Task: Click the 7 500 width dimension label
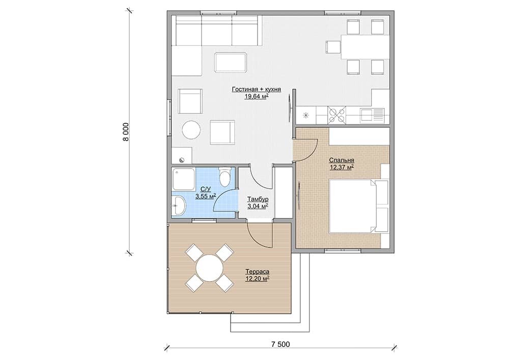point(280,344)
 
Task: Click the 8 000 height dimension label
point(126,132)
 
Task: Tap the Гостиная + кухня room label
point(257,89)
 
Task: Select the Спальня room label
point(342,160)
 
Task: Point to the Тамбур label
point(258,199)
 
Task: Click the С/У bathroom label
point(206,189)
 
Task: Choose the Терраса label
point(258,272)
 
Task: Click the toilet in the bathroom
point(224,177)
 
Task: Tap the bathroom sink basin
point(179,205)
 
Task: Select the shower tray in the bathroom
point(184,179)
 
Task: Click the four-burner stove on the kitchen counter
point(336,115)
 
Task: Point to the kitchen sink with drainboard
point(372,115)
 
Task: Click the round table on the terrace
point(210,268)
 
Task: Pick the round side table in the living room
point(191,130)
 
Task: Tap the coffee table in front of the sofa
point(231,62)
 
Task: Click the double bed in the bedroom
point(359,206)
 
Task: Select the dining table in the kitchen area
point(365,47)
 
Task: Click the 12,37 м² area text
point(342,168)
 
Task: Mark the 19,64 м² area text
point(257,96)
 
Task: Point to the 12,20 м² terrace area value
point(258,279)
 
